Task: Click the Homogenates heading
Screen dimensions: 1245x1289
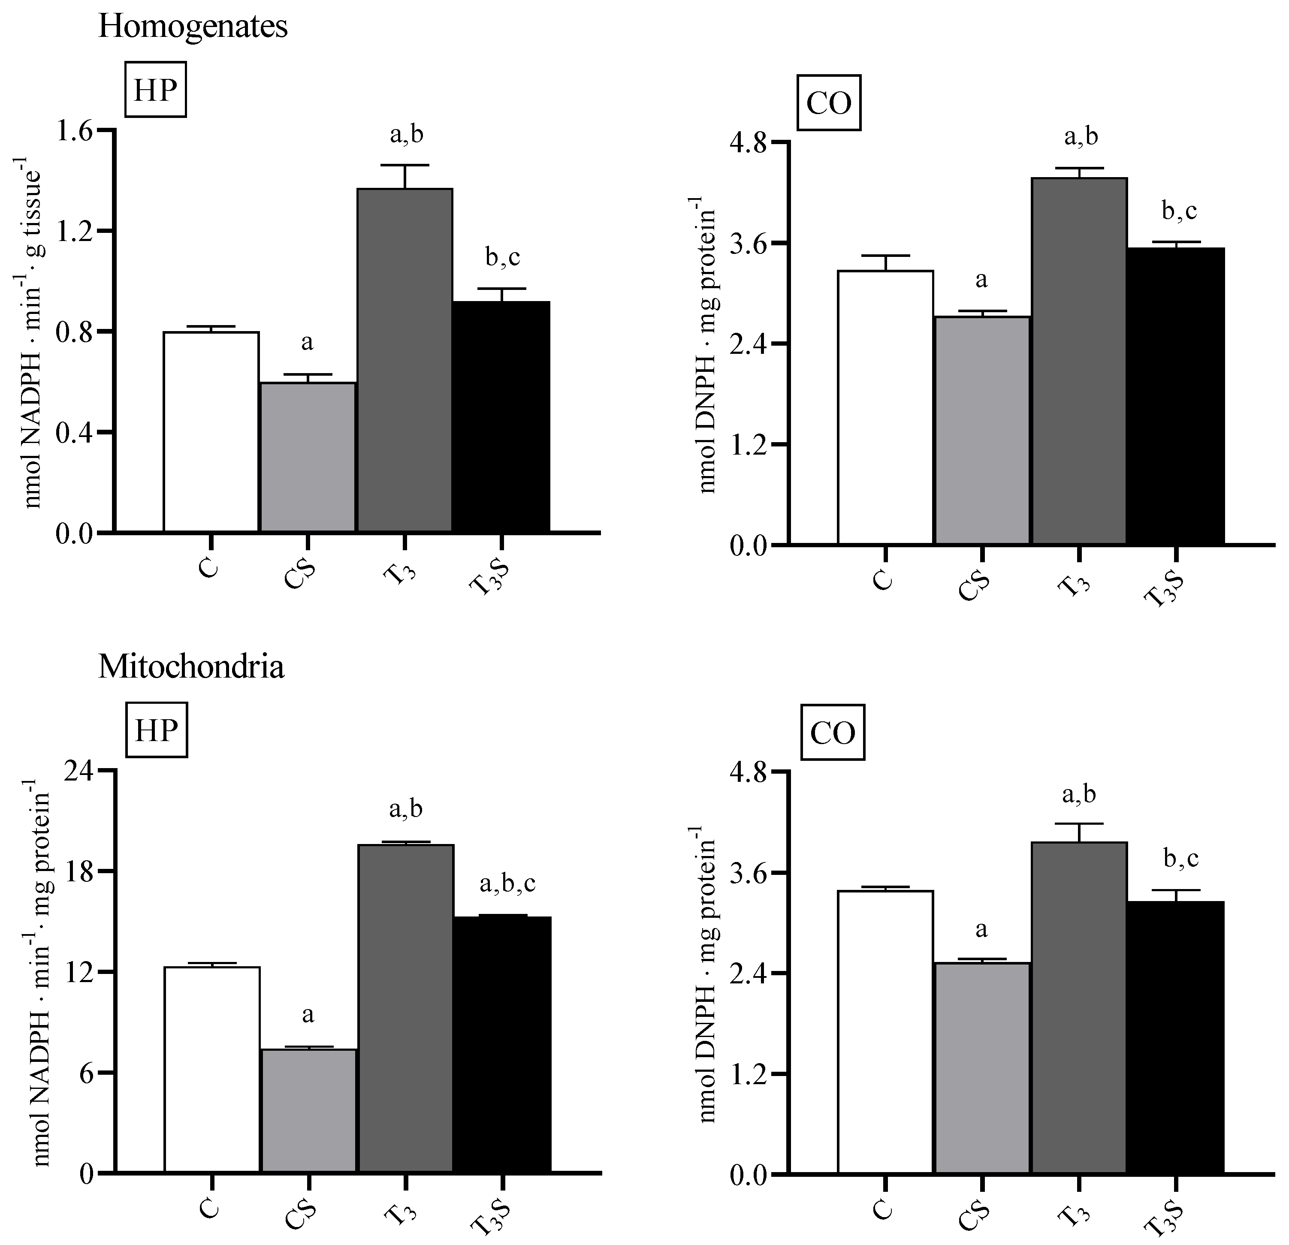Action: pos(193,27)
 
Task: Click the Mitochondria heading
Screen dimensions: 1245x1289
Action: pos(191,668)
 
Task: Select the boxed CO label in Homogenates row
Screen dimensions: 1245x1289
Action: pos(829,103)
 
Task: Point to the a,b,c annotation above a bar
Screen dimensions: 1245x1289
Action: pos(507,883)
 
